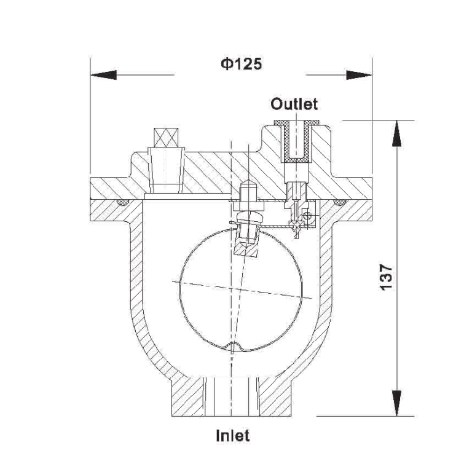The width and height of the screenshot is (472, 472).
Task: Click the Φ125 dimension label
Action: point(240,65)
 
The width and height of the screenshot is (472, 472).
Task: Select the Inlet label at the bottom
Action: point(233,436)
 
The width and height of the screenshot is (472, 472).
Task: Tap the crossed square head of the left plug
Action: point(166,136)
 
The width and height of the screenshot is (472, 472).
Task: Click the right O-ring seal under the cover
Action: point(337,202)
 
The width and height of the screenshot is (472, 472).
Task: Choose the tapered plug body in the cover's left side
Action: point(167,167)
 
